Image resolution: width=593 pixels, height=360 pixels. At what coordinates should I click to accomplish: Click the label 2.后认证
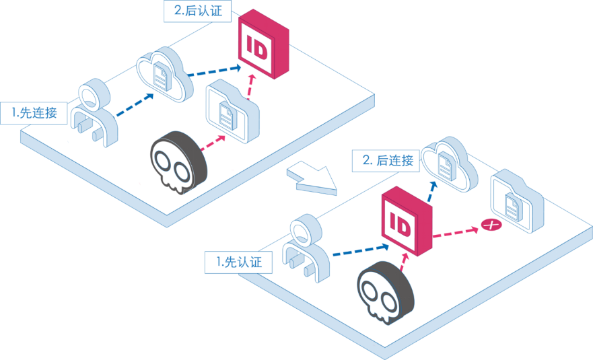197,11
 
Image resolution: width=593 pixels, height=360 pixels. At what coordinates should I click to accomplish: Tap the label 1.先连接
34,112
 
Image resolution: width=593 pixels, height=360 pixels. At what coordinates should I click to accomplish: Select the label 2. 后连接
386,161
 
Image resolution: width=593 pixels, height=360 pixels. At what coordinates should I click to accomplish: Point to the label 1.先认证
238,262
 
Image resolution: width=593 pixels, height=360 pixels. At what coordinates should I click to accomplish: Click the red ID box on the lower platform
407,221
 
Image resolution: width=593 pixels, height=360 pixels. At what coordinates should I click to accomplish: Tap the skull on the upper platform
178,162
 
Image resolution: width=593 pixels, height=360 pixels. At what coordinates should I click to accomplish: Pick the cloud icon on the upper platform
164,74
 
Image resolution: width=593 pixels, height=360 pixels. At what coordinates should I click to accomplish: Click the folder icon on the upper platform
233,111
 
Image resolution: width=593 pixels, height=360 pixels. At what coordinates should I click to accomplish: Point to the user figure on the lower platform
306,248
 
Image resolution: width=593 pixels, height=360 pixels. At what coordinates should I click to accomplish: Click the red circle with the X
491,225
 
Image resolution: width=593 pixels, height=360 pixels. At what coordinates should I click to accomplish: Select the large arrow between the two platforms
312,178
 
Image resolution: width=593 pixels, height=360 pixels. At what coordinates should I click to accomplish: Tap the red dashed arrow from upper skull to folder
213,143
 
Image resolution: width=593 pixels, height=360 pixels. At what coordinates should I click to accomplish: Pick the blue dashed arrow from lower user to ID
361,250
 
